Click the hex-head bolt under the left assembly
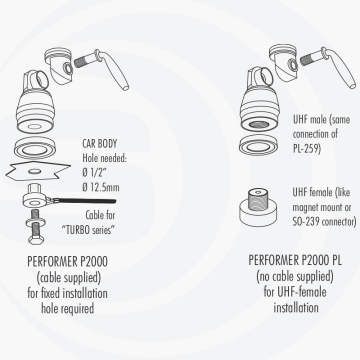pyautogui.click(x=35, y=227)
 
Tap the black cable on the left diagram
pyautogui.click(x=87, y=201)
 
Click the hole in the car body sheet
pyautogui.click(x=34, y=171)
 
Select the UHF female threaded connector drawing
pyautogui.click(x=258, y=207)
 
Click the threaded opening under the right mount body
pyautogui.click(x=259, y=124)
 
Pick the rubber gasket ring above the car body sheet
pyautogui.click(x=35, y=147)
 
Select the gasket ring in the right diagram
pyautogui.click(x=258, y=146)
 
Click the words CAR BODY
pyautogui.click(x=99, y=143)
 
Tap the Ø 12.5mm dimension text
pyautogui.click(x=101, y=187)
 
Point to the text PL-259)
pyautogui.click(x=306, y=148)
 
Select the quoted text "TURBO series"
pyautogui.click(x=88, y=230)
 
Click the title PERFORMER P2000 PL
pyautogui.click(x=295, y=260)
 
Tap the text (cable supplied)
pyautogui.click(x=68, y=277)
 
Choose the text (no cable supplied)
pyautogui.click(x=295, y=276)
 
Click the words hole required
pyautogui.click(x=67, y=308)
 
